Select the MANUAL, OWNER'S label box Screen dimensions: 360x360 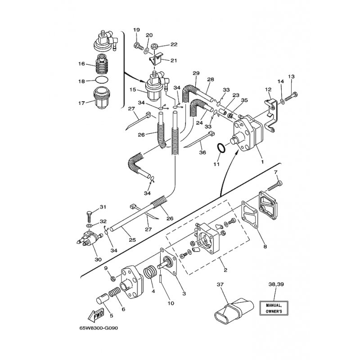click(x=274, y=308)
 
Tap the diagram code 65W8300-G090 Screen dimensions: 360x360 click(x=99, y=328)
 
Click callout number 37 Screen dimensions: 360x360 click(x=220, y=285)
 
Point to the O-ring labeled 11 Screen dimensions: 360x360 click(x=221, y=148)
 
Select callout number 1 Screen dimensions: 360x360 click(x=262, y=162)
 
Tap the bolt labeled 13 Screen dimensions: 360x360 click(x=292, y=96)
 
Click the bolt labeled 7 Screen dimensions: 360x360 click(x=275, y=186)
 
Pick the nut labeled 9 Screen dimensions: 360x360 click(x=113, y=279)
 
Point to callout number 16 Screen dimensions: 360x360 click(x=81, y=63)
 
